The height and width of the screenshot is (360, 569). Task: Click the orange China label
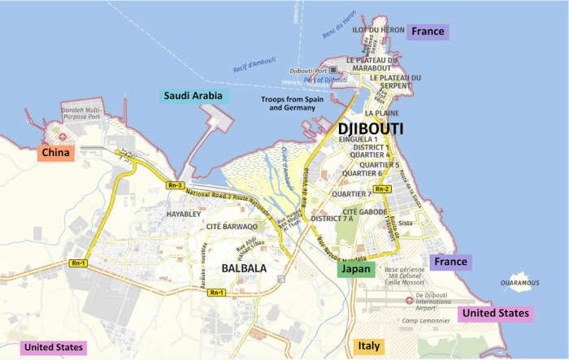pos(54,153)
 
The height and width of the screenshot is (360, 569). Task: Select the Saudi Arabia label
pos(194,96)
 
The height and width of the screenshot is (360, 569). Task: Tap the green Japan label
pos(355,269)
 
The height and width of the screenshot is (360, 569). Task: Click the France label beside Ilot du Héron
pos(428,32)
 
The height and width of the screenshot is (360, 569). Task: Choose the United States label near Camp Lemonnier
pos(496,313)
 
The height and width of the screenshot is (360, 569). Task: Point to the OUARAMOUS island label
pos(519,283)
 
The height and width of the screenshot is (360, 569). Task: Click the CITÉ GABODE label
pos(363,211)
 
